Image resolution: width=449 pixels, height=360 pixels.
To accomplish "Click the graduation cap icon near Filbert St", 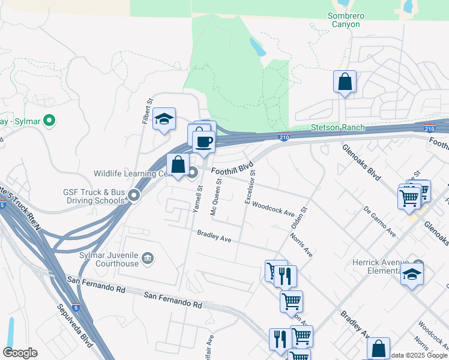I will click(164, 119).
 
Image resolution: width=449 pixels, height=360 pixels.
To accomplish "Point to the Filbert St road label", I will click(145, 112).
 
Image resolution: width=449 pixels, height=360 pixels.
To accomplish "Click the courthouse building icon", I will click(147, 259).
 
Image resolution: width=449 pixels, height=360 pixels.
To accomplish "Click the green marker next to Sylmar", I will click(50, 121).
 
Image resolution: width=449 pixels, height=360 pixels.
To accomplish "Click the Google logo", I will click(20, 352).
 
